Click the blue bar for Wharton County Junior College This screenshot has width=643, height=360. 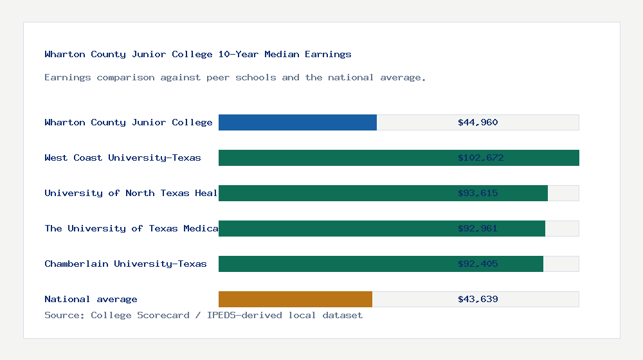click(x=298, y=122)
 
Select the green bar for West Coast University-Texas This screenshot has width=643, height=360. click(x=399, y=157)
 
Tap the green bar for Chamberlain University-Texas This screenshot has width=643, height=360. click(x=381, y=264)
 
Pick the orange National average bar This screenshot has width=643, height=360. click(x=295, y=299)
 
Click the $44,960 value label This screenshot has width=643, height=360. click(x=478, y=122)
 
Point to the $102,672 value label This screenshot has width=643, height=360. click(x=480, y=157)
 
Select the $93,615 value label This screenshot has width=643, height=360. click(x=478, y=193)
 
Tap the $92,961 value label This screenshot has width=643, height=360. click(x=478, y=228)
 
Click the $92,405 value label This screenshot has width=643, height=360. click(x=478, y=264)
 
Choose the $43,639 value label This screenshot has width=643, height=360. click(x=478, y=299)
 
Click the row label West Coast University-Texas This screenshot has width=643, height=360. click(x=123, y=157)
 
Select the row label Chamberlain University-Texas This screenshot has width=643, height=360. click(x=125, y=264)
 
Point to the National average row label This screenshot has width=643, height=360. click(x=91, y=299)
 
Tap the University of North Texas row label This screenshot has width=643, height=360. click(x=131, y=193)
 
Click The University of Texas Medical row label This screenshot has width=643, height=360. click(x=131, y=228)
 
